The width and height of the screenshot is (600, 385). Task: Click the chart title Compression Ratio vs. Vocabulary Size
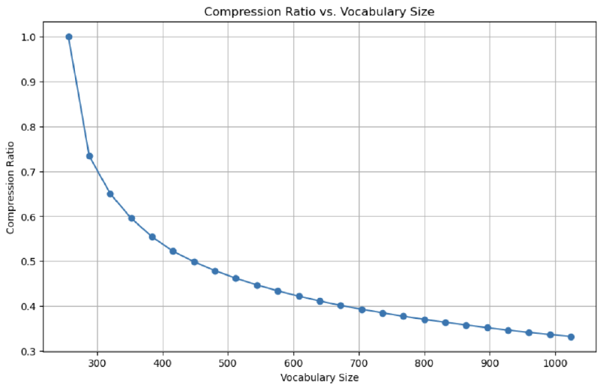(319, 11)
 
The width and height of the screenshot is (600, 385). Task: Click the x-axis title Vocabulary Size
(319, 377)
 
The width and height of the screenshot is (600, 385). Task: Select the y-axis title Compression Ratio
(10, 185)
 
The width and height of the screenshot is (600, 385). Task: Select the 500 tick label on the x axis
(228, 363)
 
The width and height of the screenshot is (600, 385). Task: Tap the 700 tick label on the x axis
(358, 363)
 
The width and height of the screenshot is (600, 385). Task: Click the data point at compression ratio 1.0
(69, 37)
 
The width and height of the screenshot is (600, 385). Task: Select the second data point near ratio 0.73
(89, 156)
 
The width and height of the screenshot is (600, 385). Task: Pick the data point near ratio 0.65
(110, 194)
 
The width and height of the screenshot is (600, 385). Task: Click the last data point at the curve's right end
(571, 337)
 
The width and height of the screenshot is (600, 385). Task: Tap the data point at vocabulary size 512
(235, 278)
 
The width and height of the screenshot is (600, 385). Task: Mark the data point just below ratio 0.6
(131, 218)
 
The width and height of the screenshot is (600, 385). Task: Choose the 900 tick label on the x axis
(490, 363)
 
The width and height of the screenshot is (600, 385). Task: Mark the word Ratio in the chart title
(299, 11)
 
